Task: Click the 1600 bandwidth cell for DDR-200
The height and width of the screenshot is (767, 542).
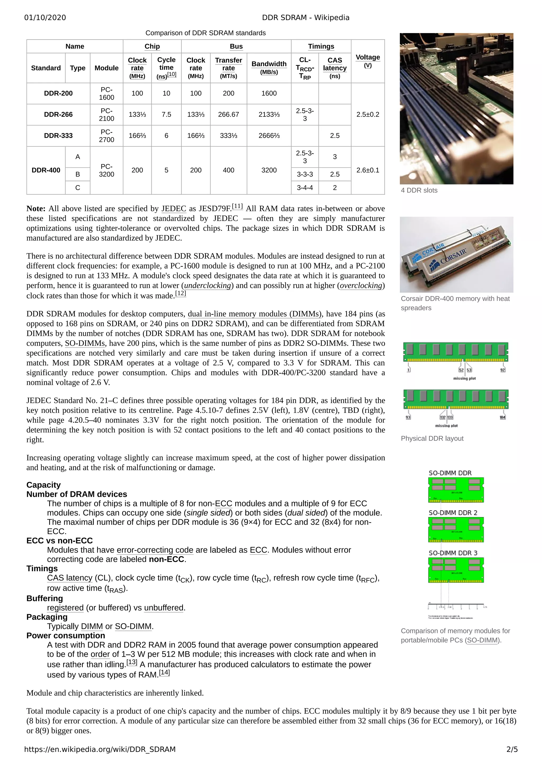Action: tap(269, 93)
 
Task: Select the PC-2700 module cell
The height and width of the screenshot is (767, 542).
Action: tap(107, 136)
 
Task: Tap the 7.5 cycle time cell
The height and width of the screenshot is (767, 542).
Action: tap(166, 114)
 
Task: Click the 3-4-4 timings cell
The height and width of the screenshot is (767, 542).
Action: tap(305, 188)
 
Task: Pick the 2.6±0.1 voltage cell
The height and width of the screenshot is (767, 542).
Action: tap(368, 170)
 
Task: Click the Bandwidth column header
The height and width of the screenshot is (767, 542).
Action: tap(269, 64)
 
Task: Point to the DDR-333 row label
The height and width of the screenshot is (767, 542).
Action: tap(58, 136)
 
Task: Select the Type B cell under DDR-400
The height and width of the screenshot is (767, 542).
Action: tap(78, 174)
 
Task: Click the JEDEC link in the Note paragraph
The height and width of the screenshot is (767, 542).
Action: tap(174, 209)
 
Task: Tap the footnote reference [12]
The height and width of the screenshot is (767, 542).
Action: tap(181, 293)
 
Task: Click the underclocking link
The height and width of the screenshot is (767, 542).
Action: tap(207, 286)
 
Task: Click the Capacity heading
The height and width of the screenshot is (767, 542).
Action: tap(43, 485)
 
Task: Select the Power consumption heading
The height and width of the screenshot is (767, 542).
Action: tap(65, 635)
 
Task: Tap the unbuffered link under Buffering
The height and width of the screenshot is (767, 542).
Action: tap(164, 608)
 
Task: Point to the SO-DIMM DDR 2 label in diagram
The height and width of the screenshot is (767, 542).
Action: tap(453, 513)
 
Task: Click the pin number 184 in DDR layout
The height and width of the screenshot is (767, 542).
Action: tap(502, 417)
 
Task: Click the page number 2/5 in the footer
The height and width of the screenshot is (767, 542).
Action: tap(512, 749)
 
